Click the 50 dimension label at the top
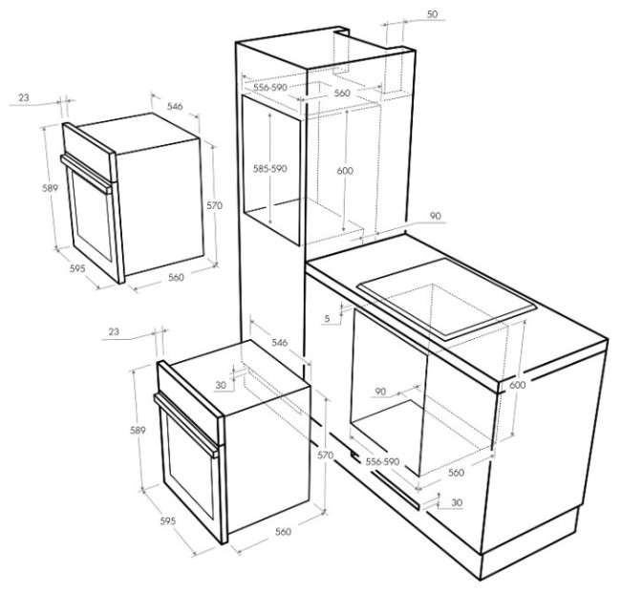point(433,14)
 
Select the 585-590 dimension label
point(270,169)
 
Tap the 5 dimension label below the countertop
point(327,318)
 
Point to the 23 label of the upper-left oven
point(24,97)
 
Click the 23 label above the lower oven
point(114,331)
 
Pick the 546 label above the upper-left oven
point(175,106)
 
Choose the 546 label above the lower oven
point(280,343)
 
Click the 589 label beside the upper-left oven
point(51,188)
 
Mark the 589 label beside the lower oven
point(138,430)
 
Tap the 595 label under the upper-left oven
point(77,268)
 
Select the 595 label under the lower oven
point(167,521)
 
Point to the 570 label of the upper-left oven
point(215,205)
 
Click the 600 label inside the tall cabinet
point(345,171)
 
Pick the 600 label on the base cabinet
point(517,385)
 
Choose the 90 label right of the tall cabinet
point(436,216)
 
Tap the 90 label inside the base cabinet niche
point(380,392)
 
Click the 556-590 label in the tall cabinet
point(270,87)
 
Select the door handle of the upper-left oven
point(86,174)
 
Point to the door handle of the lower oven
point(186,426)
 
